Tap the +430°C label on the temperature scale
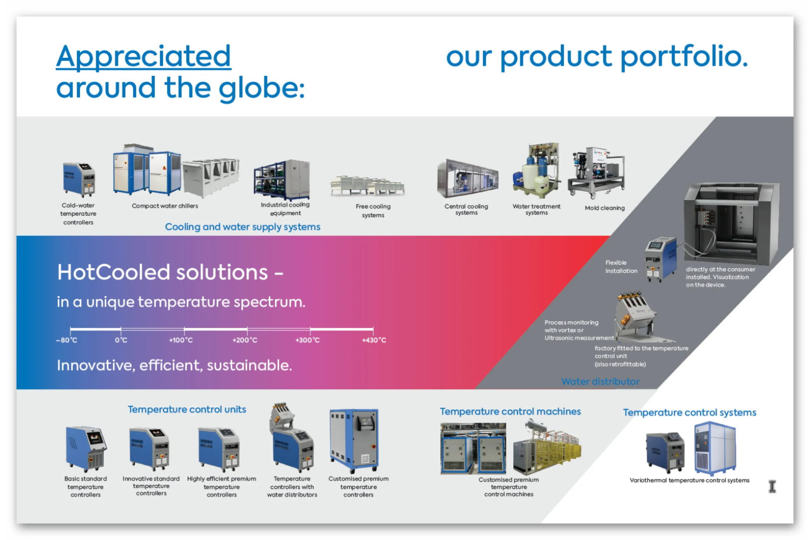click(374, 340)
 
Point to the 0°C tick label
click(121, 340)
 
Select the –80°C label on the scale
click(67, 340)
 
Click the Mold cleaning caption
click(604, 208)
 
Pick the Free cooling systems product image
click(367, 186)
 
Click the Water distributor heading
click(600, 382)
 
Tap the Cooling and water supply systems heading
click(242, 227)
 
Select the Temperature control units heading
click(187, 409)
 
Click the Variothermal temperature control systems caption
click(689, 480)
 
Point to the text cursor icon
click(772, 487)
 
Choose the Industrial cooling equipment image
click(282, 180)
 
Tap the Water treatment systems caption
click(536, 209)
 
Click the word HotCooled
click(114, 272)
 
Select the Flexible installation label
click(621, 267)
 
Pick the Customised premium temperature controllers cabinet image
click(354, 440)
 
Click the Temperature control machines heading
click(510, 411)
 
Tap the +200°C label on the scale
click(244, 340)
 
